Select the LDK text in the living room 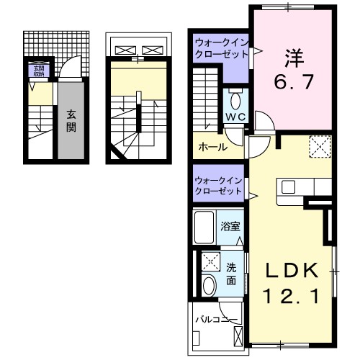(x=292, y=271)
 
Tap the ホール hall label (x=213, y=147)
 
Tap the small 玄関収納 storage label (x=37, y=70)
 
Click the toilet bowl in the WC (x=235, y=99)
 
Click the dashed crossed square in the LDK (x=319, y=148)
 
